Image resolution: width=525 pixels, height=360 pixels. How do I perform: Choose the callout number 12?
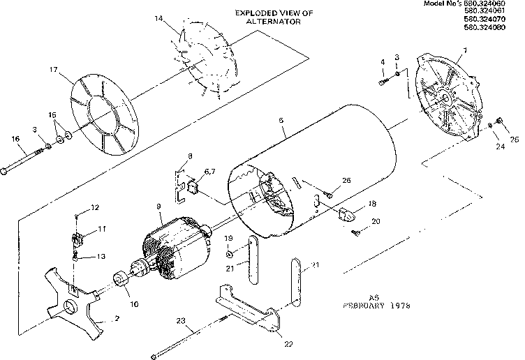pos(95,207)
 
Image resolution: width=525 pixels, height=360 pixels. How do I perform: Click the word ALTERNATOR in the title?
pos(273,22)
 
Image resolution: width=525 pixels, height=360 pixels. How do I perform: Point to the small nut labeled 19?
pos(230,253)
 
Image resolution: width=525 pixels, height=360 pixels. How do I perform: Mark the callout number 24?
pos(501,147)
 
